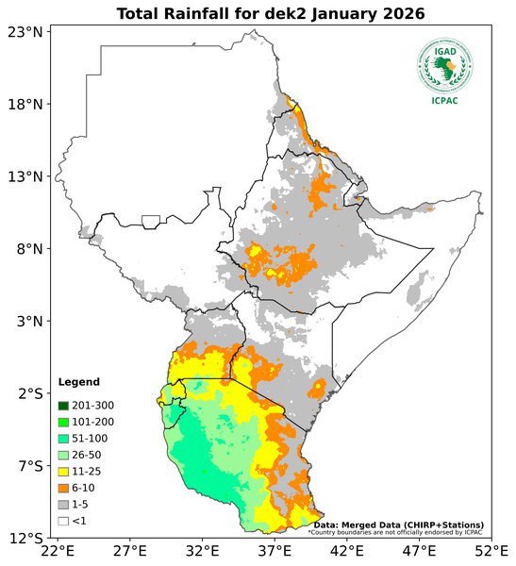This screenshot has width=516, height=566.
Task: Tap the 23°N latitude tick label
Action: pyautogui.click(x=25, y=32)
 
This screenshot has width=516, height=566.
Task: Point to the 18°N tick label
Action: pyautogui.click(x=25, y=104)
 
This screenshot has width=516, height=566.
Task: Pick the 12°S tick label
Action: pyautogui.click(x=25, y=538)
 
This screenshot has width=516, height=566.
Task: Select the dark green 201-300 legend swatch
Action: pyautogui.click(x=64, y=406)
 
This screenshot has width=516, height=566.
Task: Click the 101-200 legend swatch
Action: pyautogui.click(x=64, y=422)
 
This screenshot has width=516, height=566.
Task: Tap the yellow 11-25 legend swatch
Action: pyautogui.click(x=64, y=471)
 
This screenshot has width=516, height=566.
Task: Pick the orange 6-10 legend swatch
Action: pyautogui.click(x=64, y=488)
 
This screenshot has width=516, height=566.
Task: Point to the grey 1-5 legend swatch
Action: pyautogui.click(x=64, y=504)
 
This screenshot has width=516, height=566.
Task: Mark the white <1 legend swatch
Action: pyautogui.click(x=64, y=520)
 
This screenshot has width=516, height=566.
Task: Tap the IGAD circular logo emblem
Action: pyautogui.click(x=445, y=65)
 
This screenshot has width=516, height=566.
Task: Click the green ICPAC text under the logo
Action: pyautogui.click(x=445, y=101)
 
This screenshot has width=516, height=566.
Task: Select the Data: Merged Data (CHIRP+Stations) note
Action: pyautogui.click(x=398, y=524)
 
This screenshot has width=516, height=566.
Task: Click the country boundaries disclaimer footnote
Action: pyautogui.click(x=395, y=532)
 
